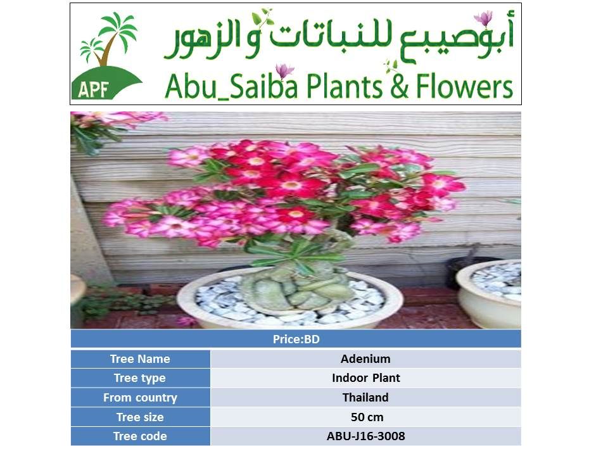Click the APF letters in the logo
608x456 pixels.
point(92,89)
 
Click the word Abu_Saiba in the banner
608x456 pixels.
point(231,86)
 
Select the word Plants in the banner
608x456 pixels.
point(345,86)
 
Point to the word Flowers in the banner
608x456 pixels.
point(464,86)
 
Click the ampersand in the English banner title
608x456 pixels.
point(400,87)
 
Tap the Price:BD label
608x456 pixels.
point(296,339)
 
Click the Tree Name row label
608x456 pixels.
point(140,358)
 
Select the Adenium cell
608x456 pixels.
point(365,358)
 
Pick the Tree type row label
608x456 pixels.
point(140,378)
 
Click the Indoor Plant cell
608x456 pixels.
point(365,378)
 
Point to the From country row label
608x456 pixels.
point(140,398)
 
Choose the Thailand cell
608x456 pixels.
point(365,398)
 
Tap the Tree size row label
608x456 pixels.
point(140,417)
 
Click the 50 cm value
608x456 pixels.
point(367,417)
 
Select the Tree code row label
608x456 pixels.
point(140,436)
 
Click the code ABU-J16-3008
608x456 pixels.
point(365,436)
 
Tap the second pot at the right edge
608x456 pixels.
point(490,293)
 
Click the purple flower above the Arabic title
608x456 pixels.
point(483,18)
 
